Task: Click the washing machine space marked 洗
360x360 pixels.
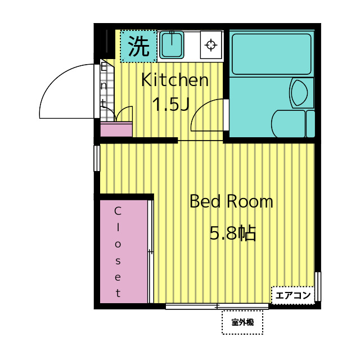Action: click(x=138, y=46)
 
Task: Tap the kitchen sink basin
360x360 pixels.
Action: click(x=172, y=45)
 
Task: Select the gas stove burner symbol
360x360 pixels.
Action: click(x=211, y=44)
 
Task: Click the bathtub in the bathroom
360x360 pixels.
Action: click(x=271, y=54)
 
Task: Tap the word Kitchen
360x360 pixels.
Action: click(x=175, y=80)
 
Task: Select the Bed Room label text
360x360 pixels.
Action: click(x=231, y=201)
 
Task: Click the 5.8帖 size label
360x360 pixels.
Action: click(x=232, y=233)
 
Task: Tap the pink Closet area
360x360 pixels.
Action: click(x=124, y=251)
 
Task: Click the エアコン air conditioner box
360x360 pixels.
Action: click(x=292, y=295)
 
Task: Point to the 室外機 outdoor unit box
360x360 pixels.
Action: click(x=242, y=322)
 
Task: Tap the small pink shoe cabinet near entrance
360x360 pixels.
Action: click(x=116, y=129)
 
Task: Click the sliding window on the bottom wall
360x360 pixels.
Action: click(x=217, y=306)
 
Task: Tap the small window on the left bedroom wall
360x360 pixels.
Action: click(x=97, y=158)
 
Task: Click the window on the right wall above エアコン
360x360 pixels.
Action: click(x=317, y=286)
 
